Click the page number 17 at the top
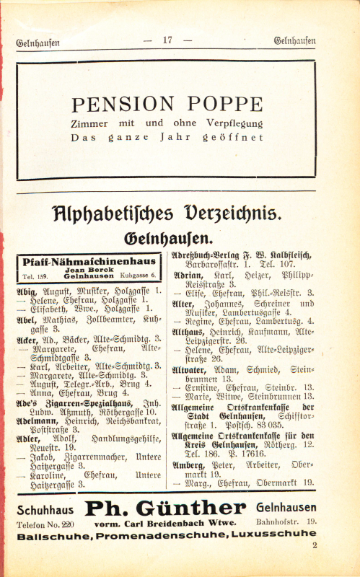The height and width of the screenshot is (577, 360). [168, 40]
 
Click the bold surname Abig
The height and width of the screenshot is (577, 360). [25, 290]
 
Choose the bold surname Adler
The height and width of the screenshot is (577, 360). [28, 437]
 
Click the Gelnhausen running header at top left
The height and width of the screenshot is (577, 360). [38, 42]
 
